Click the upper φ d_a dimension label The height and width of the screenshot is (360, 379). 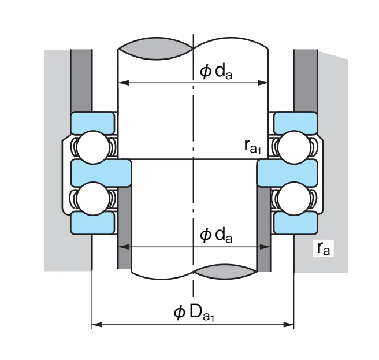coord(216,72)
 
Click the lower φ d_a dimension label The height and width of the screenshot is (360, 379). coord(216,235)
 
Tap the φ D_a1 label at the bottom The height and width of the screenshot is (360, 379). coord(194,313)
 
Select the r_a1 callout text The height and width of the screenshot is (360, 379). coord(252,147)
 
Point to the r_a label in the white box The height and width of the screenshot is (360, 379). coord(324,248)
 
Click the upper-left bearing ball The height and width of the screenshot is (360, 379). coord(93,147)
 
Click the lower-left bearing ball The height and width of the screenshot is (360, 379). coord(93,199)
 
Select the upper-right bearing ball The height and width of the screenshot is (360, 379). coord(295,147)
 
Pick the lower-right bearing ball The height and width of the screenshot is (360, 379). coord(295,199)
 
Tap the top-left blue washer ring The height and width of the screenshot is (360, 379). coord(92,123)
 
